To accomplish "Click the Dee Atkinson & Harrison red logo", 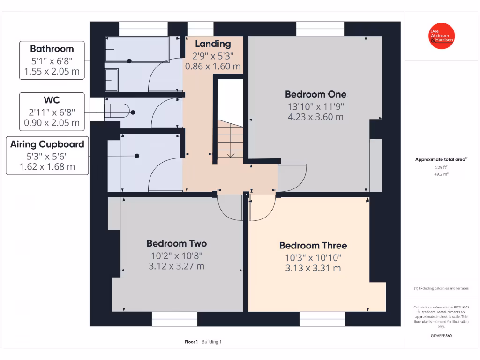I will pyautogui.click(x=442, y=36).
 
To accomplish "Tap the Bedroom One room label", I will pyautogui.click(x=315, y=94).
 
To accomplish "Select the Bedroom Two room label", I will pyautogui.click(x=176, y=243).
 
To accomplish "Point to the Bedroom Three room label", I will pyautogui.click(x=313, y=246).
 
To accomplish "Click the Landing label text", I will pyautogui.click(x=213, y=44).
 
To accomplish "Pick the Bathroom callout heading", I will pyautogui.click(x=52, y=49).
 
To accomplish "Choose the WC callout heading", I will pyautogui.click(x=52, y=100).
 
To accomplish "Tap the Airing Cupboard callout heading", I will pyautogui.click(x=47, y=144).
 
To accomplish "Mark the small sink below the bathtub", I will pyautogui.click(x=111, y=80).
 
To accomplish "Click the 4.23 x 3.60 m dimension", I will pyautogui.click(x=315, y=117).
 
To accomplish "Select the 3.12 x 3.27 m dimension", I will pyautogui.click(x=176, y=266).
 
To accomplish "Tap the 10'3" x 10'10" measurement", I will pyautogui.click(x=313, y=257).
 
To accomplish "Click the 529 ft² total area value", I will pyautogui.click(x=441, y=167).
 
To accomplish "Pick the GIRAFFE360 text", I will pyautogui.click(x=441, y=336).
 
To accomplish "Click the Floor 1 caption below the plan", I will pyautogui.click(x=191, y=342).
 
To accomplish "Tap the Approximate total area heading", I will pyautogui.click(x=441, y=160).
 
